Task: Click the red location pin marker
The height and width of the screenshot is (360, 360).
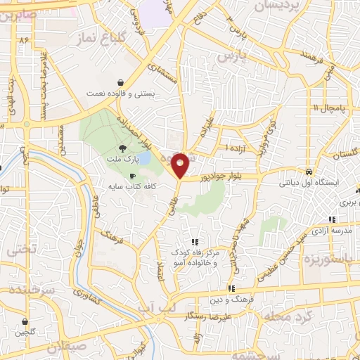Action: click(x=181, y=165)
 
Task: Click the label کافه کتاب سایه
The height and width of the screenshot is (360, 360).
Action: click(x=131, y=187)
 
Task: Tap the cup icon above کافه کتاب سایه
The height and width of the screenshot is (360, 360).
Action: click(x=131, y=176)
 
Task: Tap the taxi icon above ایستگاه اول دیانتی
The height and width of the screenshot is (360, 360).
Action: click(x=309, y=172)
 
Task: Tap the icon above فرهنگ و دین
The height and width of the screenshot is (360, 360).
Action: click(x=231, y=288)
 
